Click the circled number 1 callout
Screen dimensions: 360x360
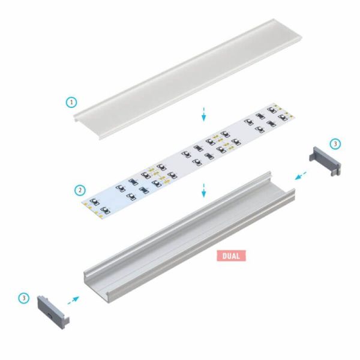[72, 102]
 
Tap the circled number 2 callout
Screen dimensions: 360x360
[80, 190]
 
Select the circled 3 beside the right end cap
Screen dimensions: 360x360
[335, 143]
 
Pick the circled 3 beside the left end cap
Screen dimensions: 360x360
[23, 297]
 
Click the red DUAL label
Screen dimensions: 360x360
[232, 254]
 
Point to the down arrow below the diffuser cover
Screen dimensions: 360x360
[204, 113]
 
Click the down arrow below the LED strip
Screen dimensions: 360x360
[204, 190]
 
